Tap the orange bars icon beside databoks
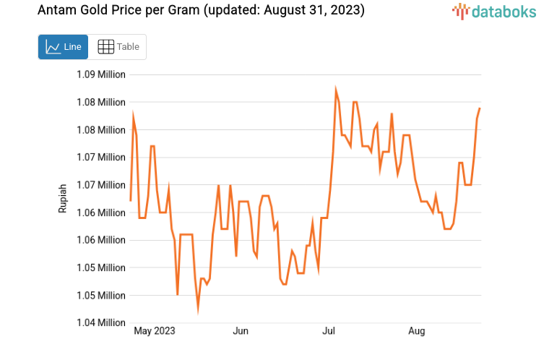460,11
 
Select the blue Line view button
63,47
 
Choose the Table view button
118,47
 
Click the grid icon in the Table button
105,47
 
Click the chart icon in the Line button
53,47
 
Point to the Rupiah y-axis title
63,198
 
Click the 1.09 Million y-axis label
101,74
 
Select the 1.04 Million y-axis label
101,323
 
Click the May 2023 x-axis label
155,331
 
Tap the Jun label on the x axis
241,331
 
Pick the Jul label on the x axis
329,331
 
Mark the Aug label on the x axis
417,331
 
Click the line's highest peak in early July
336,90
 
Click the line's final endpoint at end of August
480,108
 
